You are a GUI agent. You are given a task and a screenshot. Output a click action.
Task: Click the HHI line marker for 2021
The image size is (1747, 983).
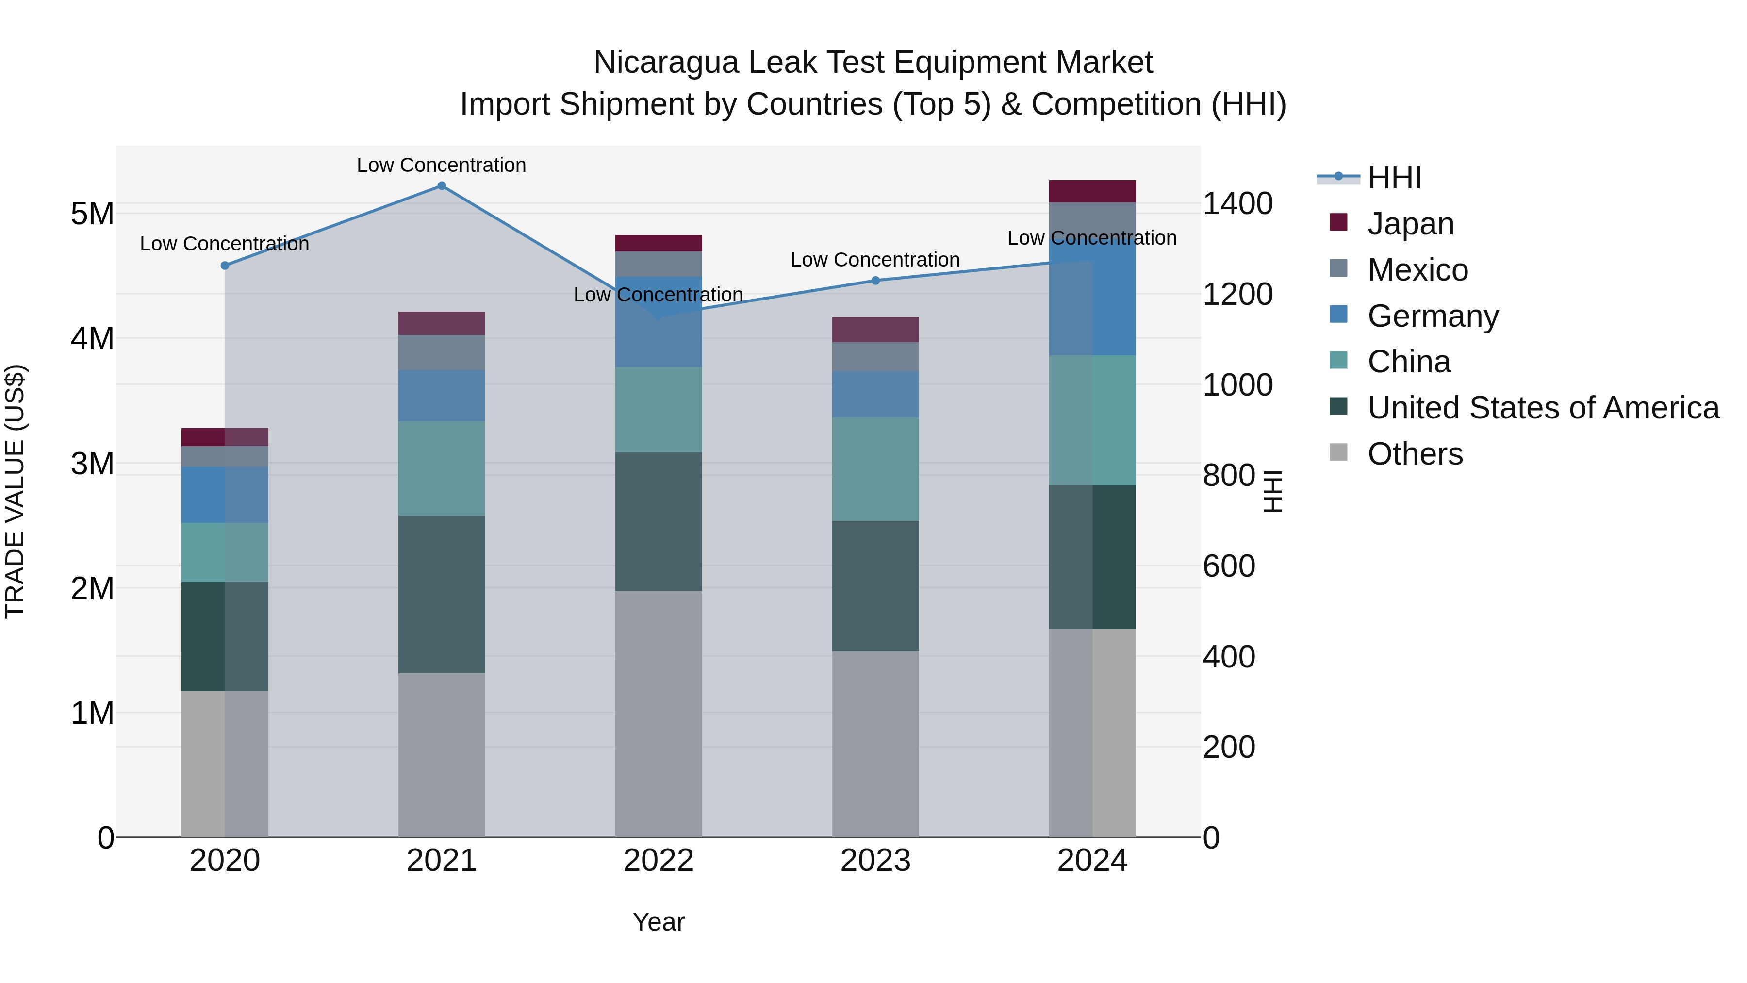[442, 186]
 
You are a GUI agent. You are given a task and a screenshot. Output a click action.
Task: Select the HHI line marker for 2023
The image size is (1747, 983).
[875, 280]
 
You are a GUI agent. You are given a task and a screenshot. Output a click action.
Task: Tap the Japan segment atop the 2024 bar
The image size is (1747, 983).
[1092, 191]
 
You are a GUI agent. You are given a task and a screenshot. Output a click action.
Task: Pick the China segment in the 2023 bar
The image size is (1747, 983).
[875, 469]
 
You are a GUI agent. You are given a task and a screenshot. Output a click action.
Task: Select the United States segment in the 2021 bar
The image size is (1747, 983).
[442, 594]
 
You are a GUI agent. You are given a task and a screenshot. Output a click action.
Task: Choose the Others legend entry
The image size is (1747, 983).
[1414, 454]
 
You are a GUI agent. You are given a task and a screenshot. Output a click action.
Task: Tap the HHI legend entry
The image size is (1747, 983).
[1394, 178]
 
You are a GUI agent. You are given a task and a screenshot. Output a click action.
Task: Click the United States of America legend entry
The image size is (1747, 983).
[1542, 408]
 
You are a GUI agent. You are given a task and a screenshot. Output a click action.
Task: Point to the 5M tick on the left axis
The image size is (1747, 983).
[92, 214]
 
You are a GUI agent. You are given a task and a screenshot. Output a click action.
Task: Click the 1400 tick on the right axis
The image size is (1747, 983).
[1237, 203]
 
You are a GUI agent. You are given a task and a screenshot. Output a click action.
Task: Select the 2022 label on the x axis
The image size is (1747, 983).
[658, 861]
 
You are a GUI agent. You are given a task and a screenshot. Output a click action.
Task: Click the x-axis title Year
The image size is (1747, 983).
[658, 922]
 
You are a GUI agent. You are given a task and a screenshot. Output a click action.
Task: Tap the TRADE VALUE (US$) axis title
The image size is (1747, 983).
[15, 491]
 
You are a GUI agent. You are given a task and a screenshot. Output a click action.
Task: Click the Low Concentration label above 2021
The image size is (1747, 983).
[442, 165]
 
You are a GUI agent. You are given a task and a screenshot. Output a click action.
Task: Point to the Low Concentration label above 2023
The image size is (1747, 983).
[875, 260]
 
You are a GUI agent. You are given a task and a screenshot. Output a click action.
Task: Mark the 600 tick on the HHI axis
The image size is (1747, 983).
[1228, 566]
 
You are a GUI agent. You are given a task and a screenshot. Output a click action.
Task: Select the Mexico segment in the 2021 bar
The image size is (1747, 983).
[442, 352]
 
